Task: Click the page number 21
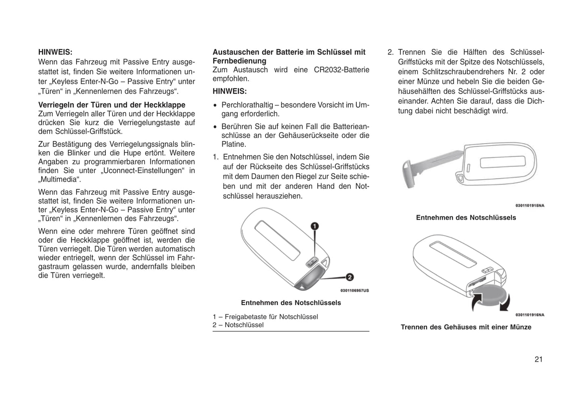click(538, 360)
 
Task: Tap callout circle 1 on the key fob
click(314, 226)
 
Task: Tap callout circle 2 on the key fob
click(349, 277)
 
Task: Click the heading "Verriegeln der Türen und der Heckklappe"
click(112, 105)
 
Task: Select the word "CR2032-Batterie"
click(341, 70)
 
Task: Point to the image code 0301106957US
click(354, 291)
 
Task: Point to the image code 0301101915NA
click(529, 205)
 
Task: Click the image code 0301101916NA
click(529, 315)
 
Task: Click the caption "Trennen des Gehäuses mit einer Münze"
click(466, 327)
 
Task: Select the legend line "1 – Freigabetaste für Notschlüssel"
click(265, 317)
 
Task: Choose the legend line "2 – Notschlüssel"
click(238, 325)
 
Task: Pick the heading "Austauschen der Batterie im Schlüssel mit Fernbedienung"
click(289, 56)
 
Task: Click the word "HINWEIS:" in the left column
click(55, 52)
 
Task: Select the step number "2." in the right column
click(390, 52)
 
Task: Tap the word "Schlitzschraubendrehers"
click(454, 72)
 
